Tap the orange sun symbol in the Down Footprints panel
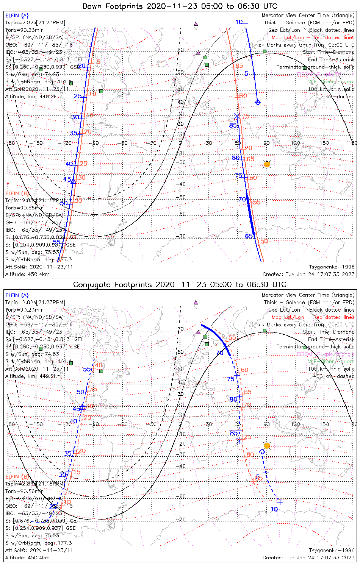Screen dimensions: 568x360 (267, 164)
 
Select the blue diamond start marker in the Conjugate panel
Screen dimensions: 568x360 (262, 451)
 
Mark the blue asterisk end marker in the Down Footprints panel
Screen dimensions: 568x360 (237, 116)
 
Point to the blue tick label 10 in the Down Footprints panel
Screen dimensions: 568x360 (239, 22)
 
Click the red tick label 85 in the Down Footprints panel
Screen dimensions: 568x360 (239, 66)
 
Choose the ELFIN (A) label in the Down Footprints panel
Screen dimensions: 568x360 (17, 16)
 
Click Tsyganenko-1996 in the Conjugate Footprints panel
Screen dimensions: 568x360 (332, 550)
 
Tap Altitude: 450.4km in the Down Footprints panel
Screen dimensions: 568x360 (27, 274)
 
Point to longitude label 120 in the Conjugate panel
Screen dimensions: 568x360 (296, 424)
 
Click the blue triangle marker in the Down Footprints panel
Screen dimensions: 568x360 (74, 182)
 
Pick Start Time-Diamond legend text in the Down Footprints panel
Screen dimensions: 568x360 (329, 52)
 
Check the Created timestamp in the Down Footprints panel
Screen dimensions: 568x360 (308, 274)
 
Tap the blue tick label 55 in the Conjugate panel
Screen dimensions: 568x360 (87, 369)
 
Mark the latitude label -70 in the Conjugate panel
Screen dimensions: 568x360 (182, 520)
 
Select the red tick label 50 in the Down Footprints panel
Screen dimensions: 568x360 (264, 241)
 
